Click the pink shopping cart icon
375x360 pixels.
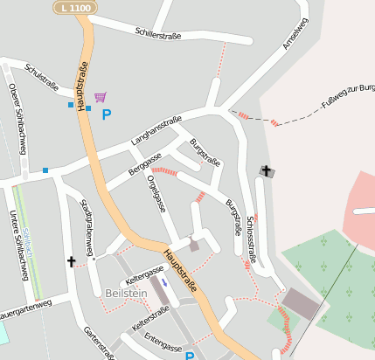coord(101,97)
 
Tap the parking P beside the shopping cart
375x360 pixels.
coord(107,114)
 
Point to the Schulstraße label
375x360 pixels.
coord(42,77)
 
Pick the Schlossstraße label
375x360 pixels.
coord(253,239)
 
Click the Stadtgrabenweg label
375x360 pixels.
coord(87,225)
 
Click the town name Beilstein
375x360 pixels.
coord(125,294)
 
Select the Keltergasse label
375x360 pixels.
coord(144,279)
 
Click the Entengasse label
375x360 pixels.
coord(163,339)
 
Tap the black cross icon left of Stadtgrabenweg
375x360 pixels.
coord(72,260)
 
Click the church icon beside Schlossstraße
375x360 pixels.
coord(267,171)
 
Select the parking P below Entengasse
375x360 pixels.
coord(190,355)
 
